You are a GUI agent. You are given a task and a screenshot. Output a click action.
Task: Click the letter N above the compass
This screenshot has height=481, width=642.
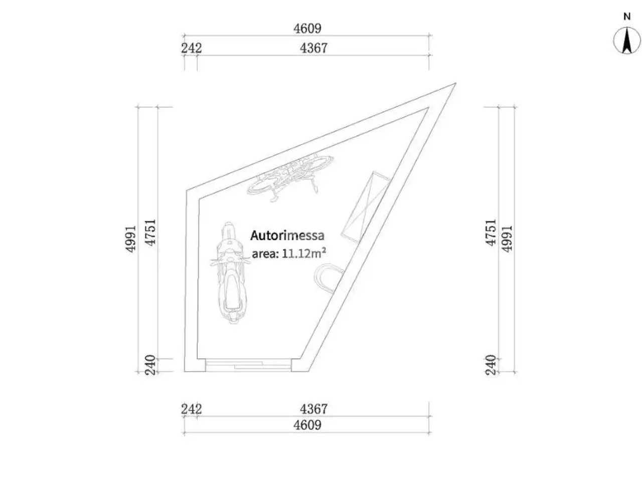point(626,17)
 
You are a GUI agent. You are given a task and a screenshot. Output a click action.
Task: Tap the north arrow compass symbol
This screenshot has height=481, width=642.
point(626,40)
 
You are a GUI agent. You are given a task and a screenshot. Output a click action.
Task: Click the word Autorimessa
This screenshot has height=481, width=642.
point(287,235)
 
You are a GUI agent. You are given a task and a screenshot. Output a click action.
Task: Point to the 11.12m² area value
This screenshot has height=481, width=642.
point(304,253)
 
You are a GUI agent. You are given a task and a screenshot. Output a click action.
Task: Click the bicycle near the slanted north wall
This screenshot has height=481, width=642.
point(290,177)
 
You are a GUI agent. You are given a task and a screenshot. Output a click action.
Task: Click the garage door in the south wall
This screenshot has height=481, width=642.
point(248,365)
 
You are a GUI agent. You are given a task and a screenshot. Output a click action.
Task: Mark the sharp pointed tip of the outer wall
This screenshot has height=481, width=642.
point(455,84)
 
